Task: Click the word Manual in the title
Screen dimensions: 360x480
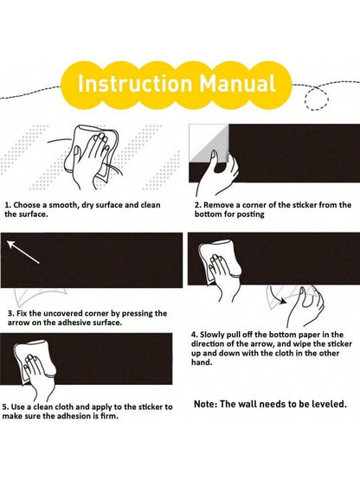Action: pyautogui.click(x=238, y=83)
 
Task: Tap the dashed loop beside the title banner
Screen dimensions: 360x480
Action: pyautogui.click(x=317, y=98)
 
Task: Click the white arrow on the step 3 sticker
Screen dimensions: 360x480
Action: pyautogui.click(x=23, y=252)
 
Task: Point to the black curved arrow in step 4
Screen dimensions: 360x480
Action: pyautogui.click(x=278, y=296)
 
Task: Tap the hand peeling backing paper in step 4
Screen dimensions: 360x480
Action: pyautogui.click(x=305, y=306)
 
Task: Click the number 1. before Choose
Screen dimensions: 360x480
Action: pyautogui.click(x=8, y=205)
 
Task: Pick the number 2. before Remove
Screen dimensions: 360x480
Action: pyautogui.click(x=197, y=205)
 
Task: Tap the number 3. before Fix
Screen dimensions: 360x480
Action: pyautogui.click(x=11, y=313)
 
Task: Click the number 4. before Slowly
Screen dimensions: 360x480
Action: pyautogui.click(x=195, y=335)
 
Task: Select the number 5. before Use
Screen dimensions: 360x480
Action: pyautogui.click(x=6, y=406)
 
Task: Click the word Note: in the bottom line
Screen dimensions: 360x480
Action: pyautogui.click(x=206, y=404)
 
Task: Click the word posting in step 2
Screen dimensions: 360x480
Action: pyautogui.click(x=250, y=214)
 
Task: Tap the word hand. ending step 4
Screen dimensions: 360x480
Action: pyautogui.click(x=202, y=362)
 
